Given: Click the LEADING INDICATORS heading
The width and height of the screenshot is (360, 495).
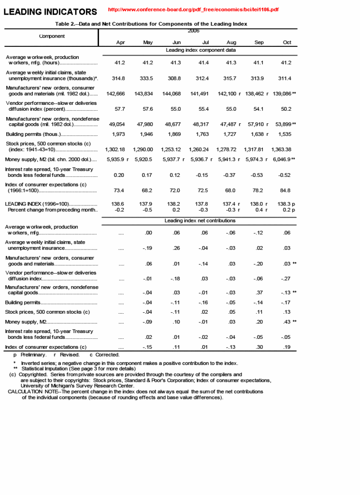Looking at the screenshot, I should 50,12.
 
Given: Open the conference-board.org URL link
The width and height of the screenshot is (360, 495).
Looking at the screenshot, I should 193,10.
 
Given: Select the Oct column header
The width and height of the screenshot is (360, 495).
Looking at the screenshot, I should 287,43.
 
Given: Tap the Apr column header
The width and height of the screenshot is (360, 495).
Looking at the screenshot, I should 121,43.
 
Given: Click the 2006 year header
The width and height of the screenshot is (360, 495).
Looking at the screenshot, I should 193,31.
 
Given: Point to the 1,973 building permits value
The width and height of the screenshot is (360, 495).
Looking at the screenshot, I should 118,134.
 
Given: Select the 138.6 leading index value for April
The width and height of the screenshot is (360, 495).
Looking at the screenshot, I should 117,204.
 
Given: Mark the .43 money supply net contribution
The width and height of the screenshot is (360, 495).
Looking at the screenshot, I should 286,322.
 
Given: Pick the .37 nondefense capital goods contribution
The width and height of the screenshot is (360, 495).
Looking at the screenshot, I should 259,292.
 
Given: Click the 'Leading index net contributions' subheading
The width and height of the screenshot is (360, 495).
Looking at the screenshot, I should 200,221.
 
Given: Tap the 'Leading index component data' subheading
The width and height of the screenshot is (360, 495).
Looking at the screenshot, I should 201,50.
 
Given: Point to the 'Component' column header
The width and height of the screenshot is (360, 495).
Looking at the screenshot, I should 52,36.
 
